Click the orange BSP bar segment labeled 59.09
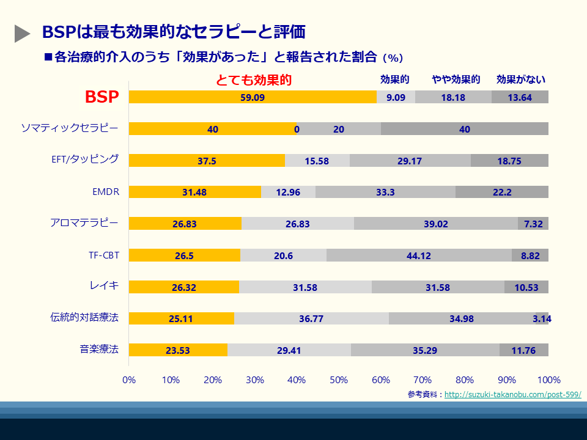(253, 97)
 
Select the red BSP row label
(102, 97)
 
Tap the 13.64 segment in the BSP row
(520, 97)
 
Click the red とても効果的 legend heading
(254, 80)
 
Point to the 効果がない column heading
(521, 79)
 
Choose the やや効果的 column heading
(456, 79)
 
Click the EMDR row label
(106, 192)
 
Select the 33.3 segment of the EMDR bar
(385, 192)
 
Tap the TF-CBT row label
(104, 255)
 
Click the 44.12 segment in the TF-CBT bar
(419, 255)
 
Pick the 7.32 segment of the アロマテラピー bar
(533, 224)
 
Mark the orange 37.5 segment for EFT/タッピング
(207, 160)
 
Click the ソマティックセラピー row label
(70, 128)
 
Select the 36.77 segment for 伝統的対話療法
(311, 318)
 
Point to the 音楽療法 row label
(99, 349)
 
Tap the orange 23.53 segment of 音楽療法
(178, 350)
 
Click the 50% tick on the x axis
(339, 380)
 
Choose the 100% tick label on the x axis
(548, 380)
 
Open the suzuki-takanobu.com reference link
(512, 395)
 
